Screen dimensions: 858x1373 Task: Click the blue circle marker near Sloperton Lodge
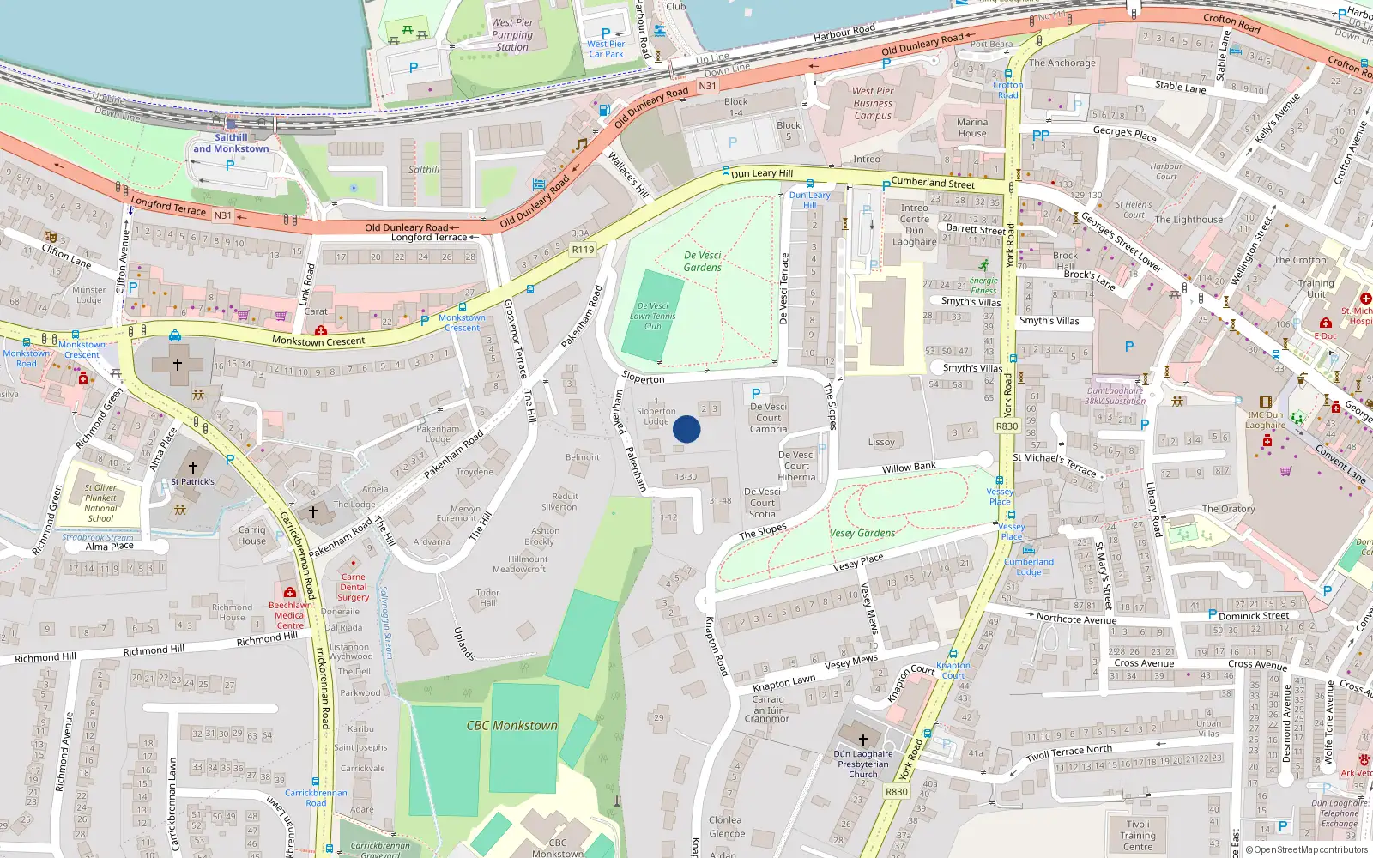coord(686,429)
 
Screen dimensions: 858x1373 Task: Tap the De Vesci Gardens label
coord(703,261)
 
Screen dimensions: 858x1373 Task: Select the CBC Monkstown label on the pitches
coord(511,726)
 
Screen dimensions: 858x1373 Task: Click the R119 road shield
coord(583,250)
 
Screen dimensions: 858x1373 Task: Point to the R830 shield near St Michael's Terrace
coord(1007,426)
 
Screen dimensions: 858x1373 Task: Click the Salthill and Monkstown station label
coord(231,143)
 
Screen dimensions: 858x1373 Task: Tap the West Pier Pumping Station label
coord(512,35)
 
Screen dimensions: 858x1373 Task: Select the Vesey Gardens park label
coord(862,533)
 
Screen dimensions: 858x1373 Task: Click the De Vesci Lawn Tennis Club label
coord(653,316)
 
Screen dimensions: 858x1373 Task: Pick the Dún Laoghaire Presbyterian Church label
coord(863,764)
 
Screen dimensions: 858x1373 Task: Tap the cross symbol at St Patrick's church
coord(193,468)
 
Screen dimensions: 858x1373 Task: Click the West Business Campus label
coord(873,103)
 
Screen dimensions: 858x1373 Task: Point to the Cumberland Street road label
coord(933,183)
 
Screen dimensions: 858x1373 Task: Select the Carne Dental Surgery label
coord(353,587)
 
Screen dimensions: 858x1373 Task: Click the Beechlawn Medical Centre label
coord(290,615)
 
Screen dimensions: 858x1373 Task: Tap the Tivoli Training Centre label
coord(1138,835)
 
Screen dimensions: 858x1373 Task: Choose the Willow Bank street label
coord(909,468)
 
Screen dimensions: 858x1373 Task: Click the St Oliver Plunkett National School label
coord(100,503)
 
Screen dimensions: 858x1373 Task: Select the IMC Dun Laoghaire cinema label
coord(1266,420)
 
